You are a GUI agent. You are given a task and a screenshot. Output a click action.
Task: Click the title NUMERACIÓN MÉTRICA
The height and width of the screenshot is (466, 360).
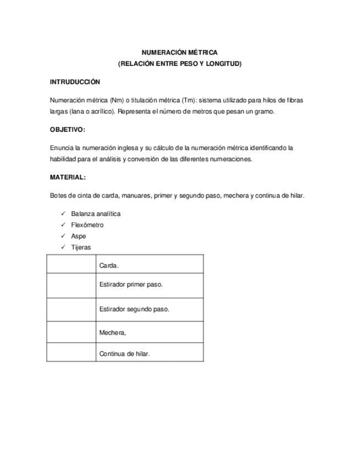[x=180, y=53]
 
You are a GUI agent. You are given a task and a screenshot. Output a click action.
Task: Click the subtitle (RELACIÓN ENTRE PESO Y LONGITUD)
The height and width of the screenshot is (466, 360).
[x=180, y=64]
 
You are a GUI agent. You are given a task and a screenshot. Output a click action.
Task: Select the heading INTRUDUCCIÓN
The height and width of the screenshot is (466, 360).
[x=75, y=82]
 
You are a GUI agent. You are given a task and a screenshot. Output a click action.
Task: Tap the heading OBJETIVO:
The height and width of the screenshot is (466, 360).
[x=68, y=130]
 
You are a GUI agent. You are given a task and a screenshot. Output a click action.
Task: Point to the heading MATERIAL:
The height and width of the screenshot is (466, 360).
[x=68, y=177]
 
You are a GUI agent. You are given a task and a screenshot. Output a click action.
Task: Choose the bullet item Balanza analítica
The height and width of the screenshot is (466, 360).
[x=96, y=214]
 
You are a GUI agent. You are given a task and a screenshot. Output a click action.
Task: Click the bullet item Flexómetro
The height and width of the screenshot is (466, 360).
[x=87, y=225]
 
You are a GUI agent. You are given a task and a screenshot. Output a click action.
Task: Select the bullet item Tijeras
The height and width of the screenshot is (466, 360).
[x=81, y=247]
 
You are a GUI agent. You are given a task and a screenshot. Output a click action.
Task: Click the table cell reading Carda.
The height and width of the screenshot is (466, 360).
[x=109, y=265]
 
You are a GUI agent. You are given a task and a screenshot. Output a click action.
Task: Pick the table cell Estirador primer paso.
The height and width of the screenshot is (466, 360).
[x=131, y=285]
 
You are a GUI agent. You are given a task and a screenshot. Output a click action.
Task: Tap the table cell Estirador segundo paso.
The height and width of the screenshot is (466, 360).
[x=134, y=309]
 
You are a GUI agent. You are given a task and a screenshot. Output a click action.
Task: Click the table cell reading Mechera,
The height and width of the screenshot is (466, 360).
[x=113, y=332]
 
